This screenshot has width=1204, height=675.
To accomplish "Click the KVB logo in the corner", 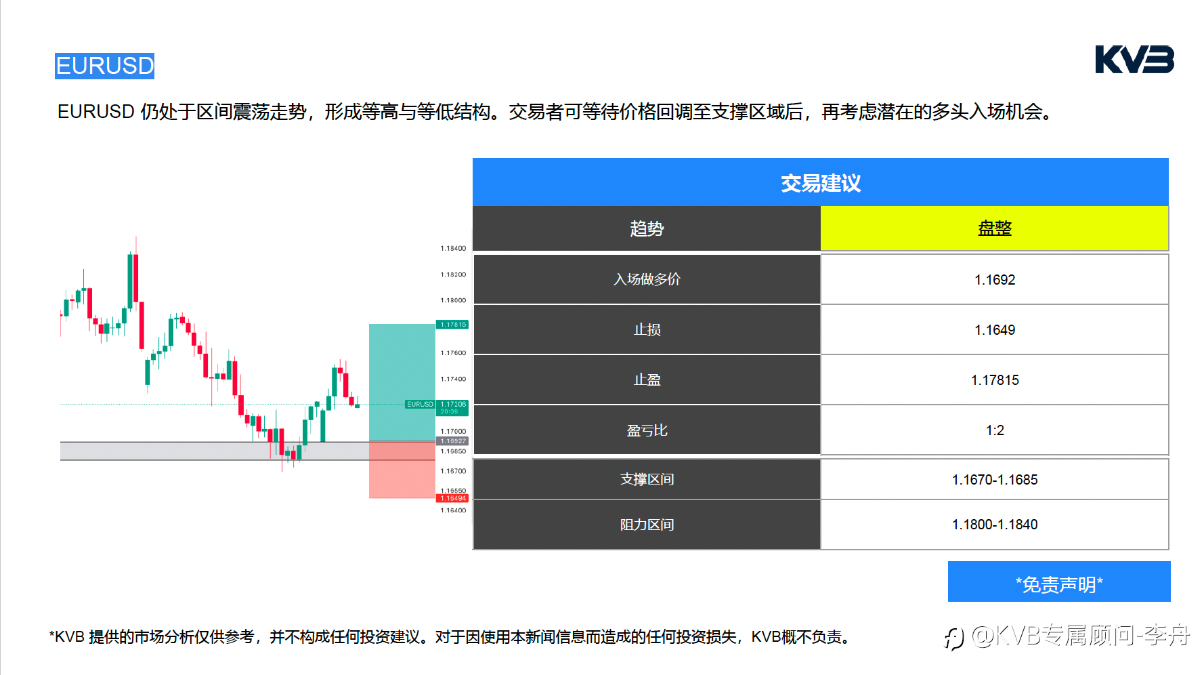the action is [x=1134, y=60].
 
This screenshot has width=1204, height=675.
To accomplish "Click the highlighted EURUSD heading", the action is [x=105, y=66].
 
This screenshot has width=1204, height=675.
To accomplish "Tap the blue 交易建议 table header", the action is [x=821, y=182].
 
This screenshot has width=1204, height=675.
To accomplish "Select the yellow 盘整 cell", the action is [x=995, y=228].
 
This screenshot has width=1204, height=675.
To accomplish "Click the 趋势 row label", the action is [x=647, y=228].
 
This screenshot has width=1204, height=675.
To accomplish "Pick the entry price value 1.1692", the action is [x=995, y=280].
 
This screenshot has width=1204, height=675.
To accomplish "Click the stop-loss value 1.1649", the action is [x=995, y=330].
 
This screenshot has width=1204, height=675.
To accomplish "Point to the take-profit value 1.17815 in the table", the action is [x=995, y=380].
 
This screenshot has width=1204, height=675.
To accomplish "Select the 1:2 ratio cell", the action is [x=995, y=430].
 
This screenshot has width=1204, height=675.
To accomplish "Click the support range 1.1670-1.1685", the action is [x=995, y=480].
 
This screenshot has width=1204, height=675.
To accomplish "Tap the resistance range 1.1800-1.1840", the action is [x=995, y=525].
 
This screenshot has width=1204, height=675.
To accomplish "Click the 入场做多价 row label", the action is [x=647, y=279].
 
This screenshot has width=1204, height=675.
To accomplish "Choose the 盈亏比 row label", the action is [x=647, y=430].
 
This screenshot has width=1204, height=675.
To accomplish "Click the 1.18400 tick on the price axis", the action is [x=453, y=249].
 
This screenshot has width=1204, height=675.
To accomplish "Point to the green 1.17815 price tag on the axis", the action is [x=453, y=325].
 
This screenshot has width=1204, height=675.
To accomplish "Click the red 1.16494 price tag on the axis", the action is [x=453, y=498].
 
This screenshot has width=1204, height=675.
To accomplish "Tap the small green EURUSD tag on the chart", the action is [x=420, y=405].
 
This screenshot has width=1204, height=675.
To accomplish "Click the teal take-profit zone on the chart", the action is [x=402, y=382].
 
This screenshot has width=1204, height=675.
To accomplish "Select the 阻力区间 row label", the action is [x=647, y=525].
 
